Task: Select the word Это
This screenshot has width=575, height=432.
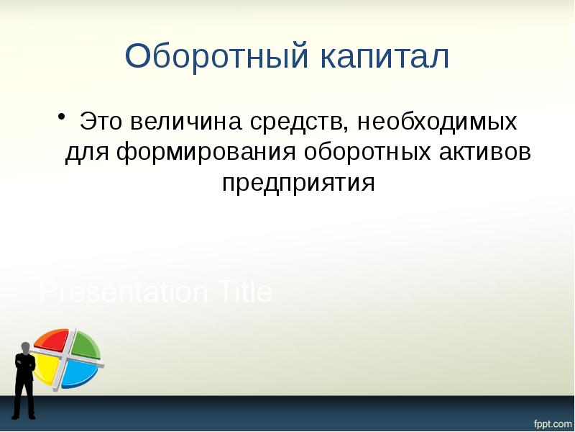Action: (x=100, y=121)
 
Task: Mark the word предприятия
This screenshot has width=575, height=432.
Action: (x=299, y=183)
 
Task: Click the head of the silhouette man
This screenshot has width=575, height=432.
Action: (x=25, y=347)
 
